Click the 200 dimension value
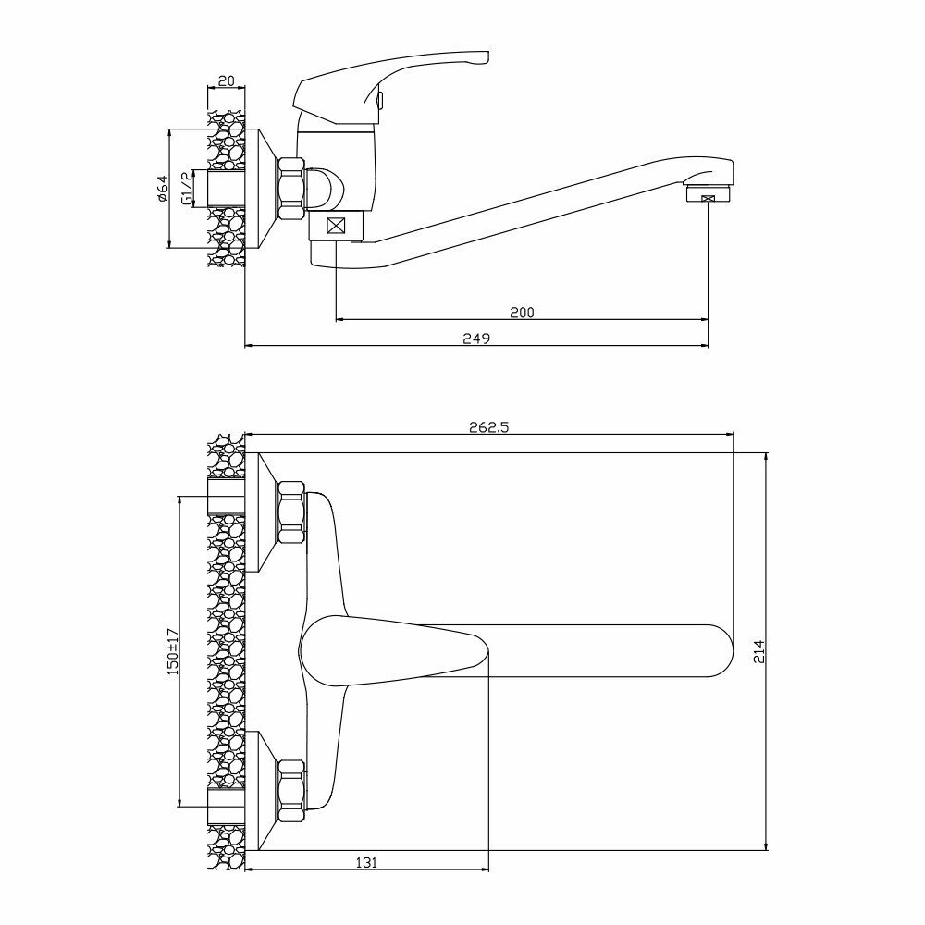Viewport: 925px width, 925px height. (x=522, y=312)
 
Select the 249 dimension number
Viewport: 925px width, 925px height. (x=475, y=339)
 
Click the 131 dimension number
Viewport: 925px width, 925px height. (x=366, y=862)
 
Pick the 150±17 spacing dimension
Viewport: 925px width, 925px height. (x=171, y=652)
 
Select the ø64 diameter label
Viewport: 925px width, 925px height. (x=161, y=189)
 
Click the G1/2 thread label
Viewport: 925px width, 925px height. (x=186, y=189)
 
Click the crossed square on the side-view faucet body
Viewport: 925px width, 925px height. (x=336, y=226)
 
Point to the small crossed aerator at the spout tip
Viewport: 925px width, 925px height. (x=709, y=198)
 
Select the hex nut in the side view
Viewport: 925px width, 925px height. (x=291, y=189)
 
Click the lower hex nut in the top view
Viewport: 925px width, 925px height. (x=291, y=790)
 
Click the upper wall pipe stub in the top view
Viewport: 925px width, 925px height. (x=227, y=497)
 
